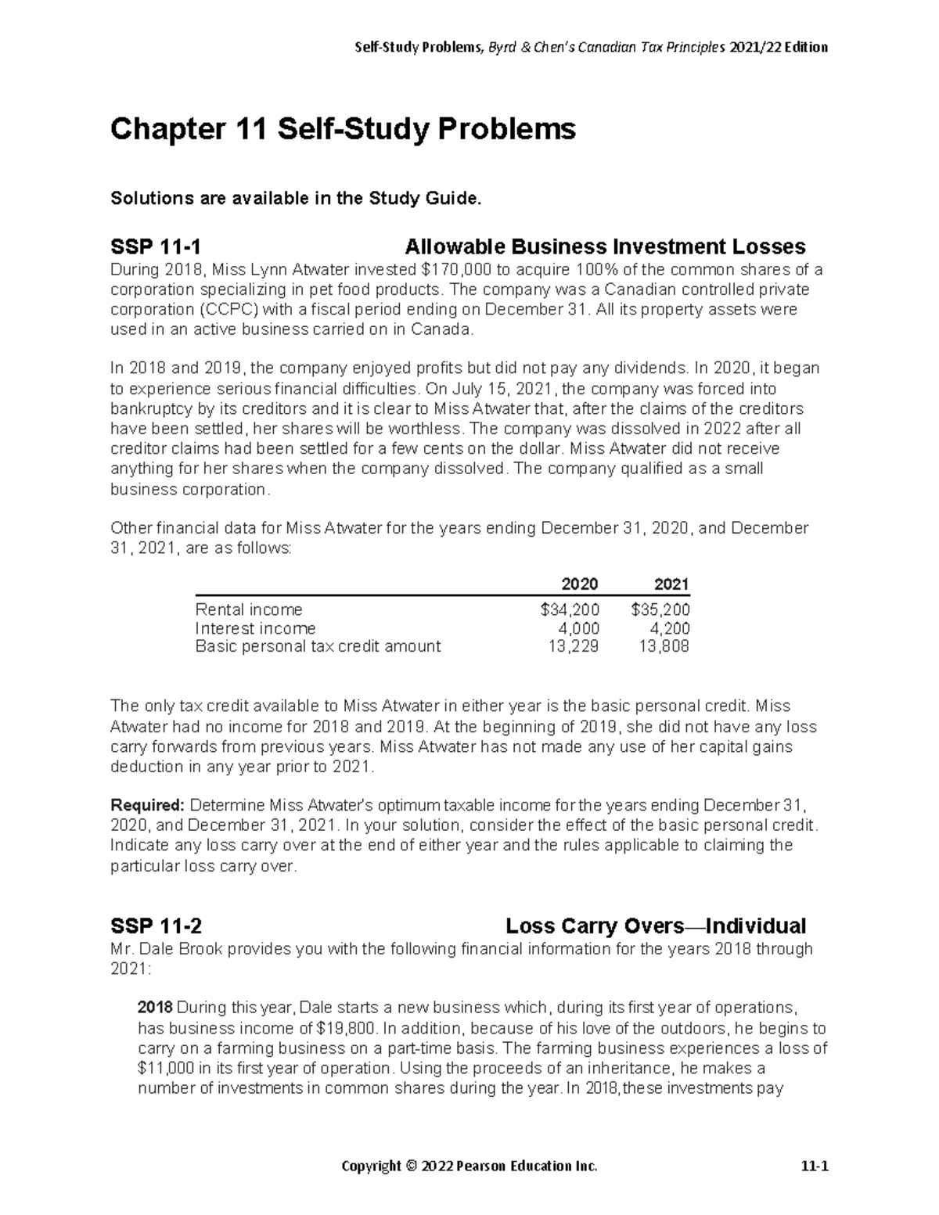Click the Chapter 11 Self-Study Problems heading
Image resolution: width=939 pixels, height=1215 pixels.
(x=343, y=129)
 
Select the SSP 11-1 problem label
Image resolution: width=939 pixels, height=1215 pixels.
(x=156, y=247)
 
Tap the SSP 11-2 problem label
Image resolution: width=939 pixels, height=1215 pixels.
(x=156, y=926)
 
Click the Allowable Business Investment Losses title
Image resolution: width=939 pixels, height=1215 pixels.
(x=605, y=247)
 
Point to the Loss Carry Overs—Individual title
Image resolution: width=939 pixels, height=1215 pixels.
(x=656, y=926)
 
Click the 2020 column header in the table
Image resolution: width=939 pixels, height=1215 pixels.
(x=580, y=584)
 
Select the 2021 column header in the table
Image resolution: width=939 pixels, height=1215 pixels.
(x=671, y=584)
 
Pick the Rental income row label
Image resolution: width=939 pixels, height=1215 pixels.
(x=249, y=609)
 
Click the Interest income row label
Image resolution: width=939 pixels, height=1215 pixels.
(x=255, y=628)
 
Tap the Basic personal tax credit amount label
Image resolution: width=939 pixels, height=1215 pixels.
(x=318, y=646)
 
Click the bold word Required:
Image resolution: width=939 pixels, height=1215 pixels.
(x=147, y=805)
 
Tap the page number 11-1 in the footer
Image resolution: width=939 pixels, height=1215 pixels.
(x=814, y=1167)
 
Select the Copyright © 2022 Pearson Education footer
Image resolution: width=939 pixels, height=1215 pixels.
(x=469, y=1167)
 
